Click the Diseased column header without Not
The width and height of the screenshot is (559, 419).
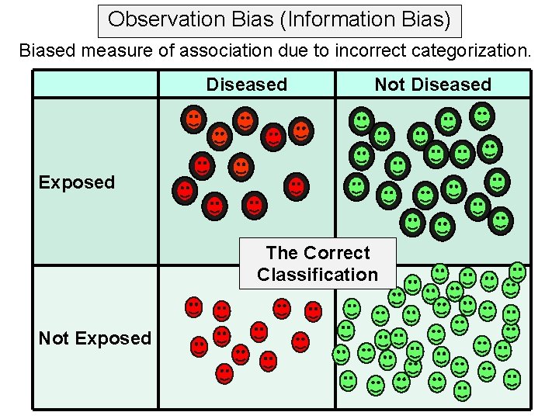247,85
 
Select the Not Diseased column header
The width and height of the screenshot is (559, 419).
433,85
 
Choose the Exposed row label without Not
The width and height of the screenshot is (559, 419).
77,182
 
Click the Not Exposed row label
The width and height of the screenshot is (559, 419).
95,338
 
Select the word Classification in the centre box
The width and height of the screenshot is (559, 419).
318,275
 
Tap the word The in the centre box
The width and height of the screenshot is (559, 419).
282,253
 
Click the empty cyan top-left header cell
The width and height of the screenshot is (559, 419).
95,84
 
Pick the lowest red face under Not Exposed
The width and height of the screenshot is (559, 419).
224,373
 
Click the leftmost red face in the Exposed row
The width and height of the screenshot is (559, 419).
185,190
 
